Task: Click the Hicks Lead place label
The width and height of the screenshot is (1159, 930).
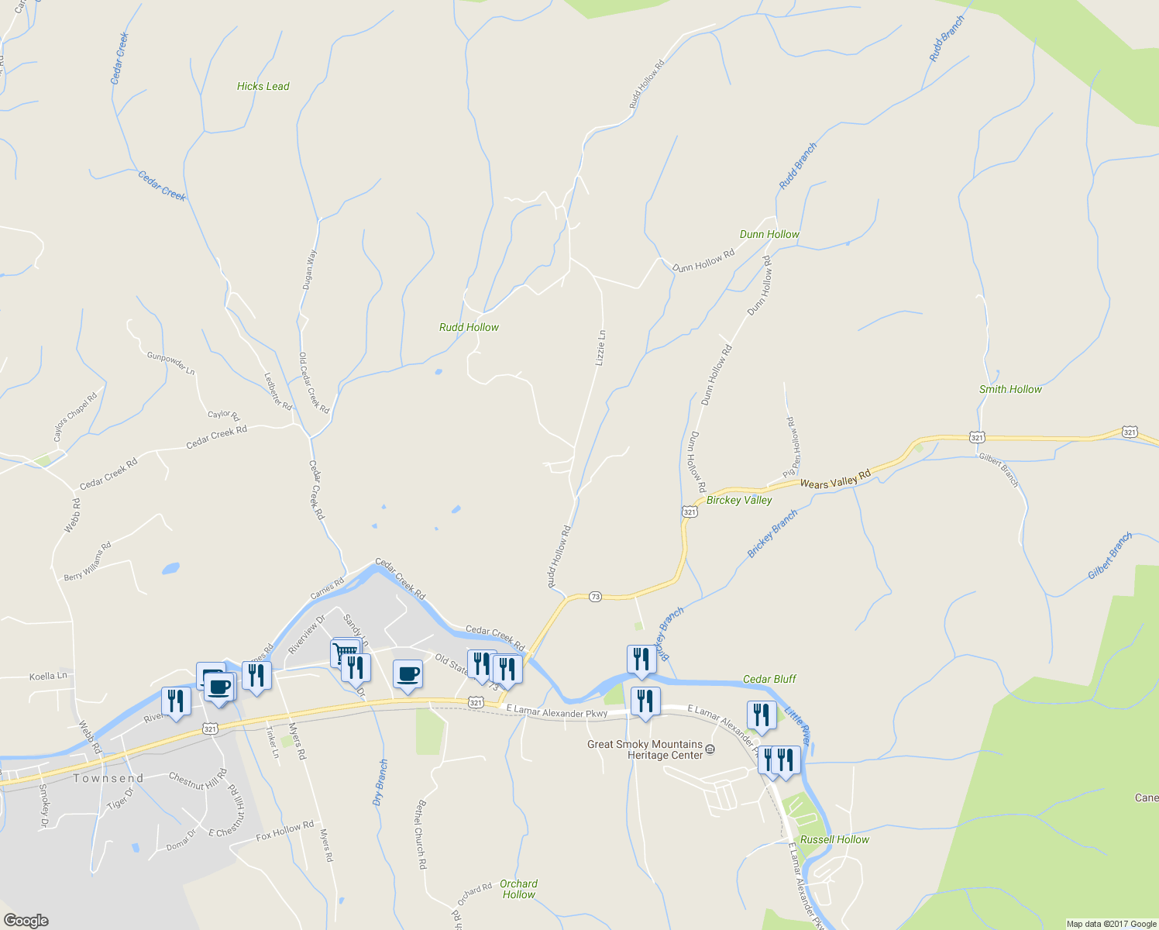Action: (x=263, y=86)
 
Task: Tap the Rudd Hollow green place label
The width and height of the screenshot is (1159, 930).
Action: (x=469, y=327)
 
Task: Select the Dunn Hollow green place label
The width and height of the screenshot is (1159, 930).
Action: (x=769, y=234)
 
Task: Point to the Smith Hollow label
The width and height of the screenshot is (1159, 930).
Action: (x=1010, y=389)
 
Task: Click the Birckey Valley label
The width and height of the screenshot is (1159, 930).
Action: (x=738, y=500)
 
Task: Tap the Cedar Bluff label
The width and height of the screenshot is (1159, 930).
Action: (x=769, y=679)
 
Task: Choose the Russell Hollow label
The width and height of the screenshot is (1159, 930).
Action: (x=834, y=839)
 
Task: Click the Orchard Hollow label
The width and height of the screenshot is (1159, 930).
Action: (x=518, y=889)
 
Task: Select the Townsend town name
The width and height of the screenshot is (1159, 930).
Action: (x=108, y=778)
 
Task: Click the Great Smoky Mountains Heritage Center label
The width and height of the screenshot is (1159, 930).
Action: (x=645, y=749)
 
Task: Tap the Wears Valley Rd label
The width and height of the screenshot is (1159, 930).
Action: (x=835, y=479)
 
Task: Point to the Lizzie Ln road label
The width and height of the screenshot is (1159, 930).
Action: (x=600, y=347)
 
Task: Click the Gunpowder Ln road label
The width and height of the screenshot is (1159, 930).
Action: (x=170, y=362)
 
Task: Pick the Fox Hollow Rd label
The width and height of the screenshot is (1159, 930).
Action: (x=284, y=830)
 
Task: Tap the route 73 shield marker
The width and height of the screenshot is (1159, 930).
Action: (x=595, y=596)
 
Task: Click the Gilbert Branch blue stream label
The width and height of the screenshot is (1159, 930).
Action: (x=1109, y=556)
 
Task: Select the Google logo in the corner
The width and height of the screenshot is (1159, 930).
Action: (x=26, y=921)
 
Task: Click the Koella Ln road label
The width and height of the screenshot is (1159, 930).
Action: (x=48, y=676)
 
